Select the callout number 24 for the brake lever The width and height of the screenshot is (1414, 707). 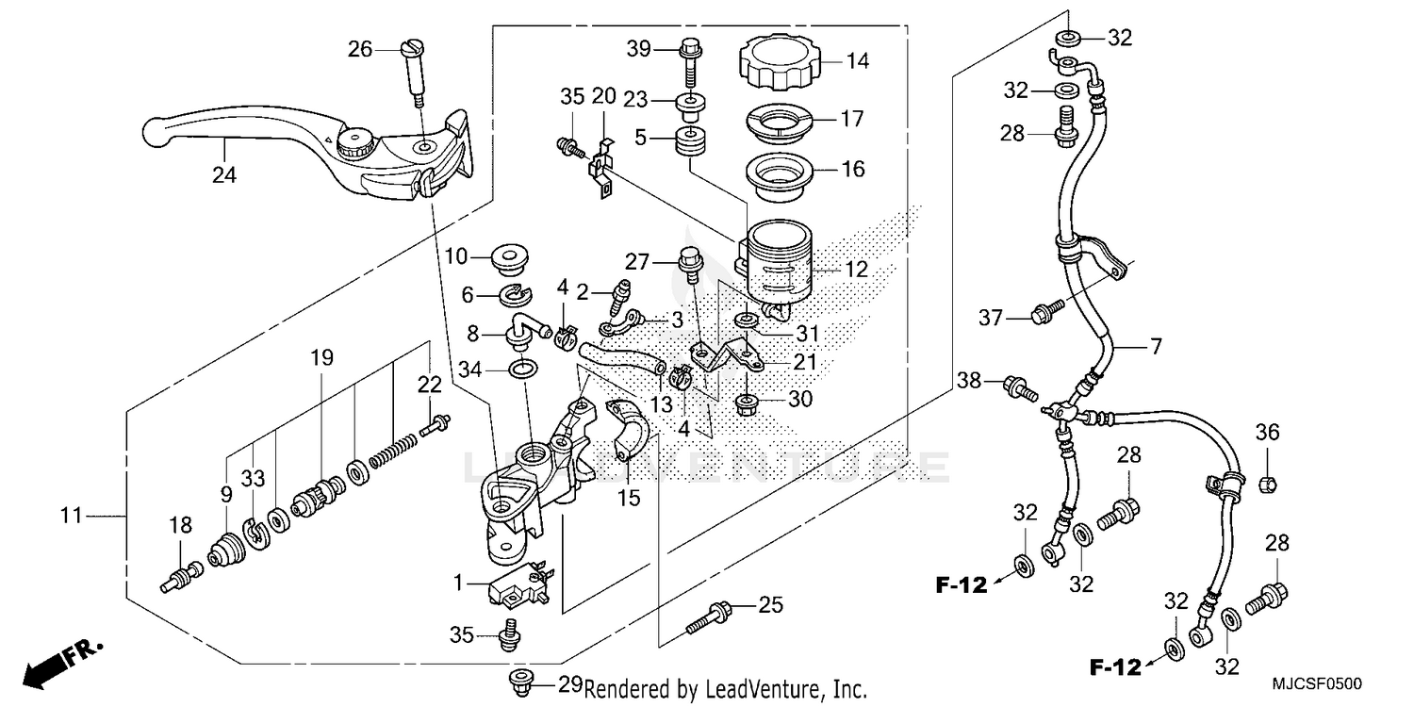(x=223, y=175)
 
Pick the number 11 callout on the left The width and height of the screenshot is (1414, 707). (x=72, y=516)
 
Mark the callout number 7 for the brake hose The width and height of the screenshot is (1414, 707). (x=1156, y=346)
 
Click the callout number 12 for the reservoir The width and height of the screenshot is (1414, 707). (x=857, y=270)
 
